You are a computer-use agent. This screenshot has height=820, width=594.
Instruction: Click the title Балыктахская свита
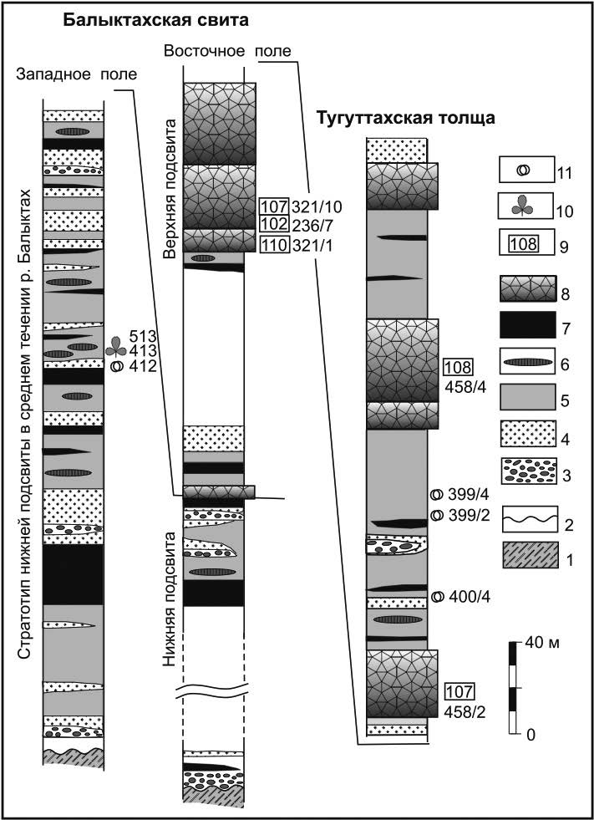[155, 21]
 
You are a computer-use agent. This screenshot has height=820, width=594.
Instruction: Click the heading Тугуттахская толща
[405, 119]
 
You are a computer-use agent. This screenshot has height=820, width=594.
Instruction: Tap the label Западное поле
[76, 74]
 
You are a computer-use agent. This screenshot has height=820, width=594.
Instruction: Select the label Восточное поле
[227, 51]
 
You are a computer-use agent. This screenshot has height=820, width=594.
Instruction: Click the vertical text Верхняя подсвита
[169, 189]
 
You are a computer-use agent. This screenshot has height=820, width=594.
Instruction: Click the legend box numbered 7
[528, 325]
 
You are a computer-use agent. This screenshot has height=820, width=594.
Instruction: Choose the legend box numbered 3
[528, 471]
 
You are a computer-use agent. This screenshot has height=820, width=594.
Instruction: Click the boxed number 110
[275, 245]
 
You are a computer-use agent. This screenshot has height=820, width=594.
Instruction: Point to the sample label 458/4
[465, 387]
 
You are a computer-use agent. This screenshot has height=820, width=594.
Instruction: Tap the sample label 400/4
[468, 597]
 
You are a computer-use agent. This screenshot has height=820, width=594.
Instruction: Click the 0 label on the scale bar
[531, 735]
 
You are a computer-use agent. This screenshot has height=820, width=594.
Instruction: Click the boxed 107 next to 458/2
[458, 692]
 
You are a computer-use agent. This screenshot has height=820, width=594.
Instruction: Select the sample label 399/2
[468, 515]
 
